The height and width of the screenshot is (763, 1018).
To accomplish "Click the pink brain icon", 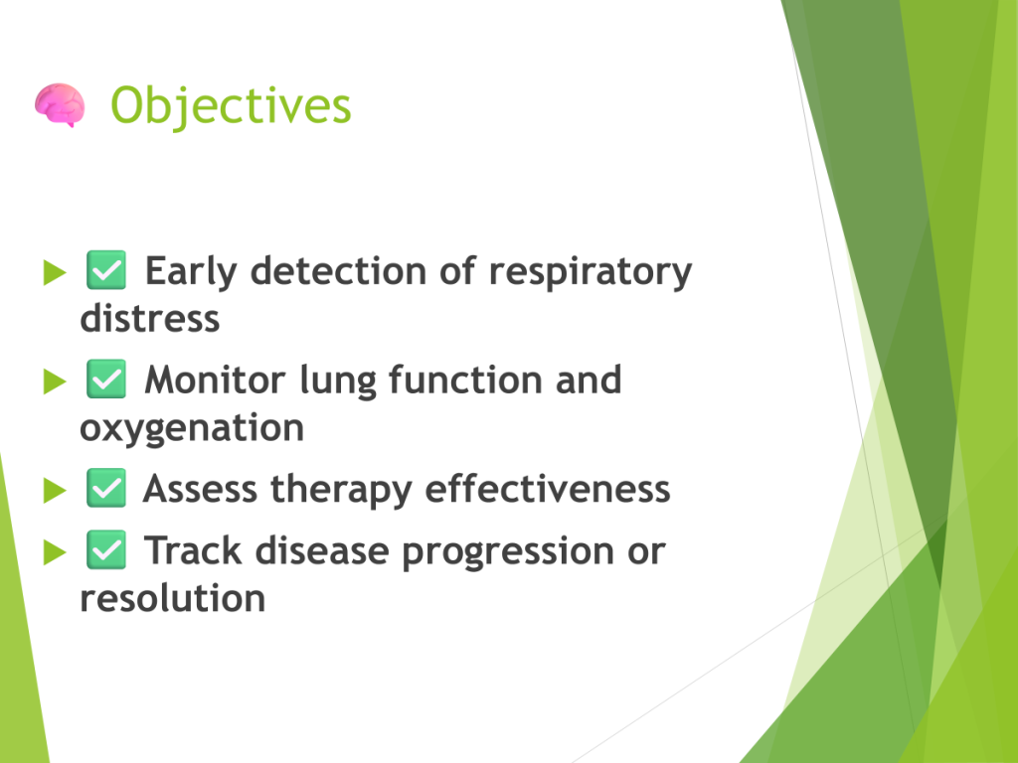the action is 60,104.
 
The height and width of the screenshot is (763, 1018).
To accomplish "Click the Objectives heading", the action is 231,105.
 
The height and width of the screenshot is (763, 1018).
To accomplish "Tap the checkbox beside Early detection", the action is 106,270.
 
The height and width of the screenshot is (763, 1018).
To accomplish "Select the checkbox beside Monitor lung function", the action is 106,379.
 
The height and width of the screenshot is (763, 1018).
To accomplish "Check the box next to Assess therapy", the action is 106,488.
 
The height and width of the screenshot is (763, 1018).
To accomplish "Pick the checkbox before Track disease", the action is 106,550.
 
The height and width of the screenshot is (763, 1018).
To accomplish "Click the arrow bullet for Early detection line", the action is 55,272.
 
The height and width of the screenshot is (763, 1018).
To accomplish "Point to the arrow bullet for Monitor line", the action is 55,381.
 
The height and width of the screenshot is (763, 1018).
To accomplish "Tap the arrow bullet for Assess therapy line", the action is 55,491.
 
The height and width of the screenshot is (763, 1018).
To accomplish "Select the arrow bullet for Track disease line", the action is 55,552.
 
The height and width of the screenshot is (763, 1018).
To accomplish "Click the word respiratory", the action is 591,272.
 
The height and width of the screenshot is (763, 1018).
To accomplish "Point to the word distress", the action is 150,318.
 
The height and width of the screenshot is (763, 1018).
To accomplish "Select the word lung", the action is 338,382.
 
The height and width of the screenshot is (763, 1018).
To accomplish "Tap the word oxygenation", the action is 192,429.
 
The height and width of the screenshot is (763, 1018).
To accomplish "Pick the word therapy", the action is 341,491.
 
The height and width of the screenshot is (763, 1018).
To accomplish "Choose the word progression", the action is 508,552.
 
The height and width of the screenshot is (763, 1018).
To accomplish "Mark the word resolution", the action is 173,597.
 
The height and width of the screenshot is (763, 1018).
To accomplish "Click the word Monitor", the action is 215,380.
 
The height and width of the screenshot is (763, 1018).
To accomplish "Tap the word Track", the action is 194,550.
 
